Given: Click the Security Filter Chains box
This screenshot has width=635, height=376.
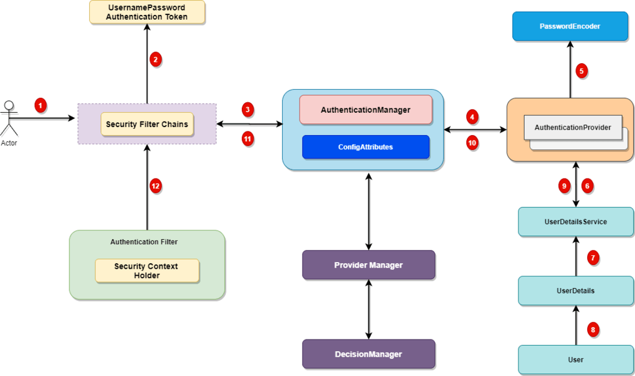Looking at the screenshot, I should pyautogui.click(x=147, y=125).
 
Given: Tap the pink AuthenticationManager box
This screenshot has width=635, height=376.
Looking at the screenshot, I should pyautogui.click(x=365, y=110).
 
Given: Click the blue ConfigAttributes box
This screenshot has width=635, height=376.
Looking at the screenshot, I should pyautogui.click(x=365, y=147).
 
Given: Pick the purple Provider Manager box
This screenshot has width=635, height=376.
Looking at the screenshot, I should pyautogui.click(x=368, y=265).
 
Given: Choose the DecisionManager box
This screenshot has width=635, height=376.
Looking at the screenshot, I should pyautogui.click(x=368, y=354).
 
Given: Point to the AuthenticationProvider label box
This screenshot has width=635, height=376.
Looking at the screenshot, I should pyautogui.click(x=572, y=128).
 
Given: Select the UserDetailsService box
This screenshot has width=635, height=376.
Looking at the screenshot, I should pyautogui.click(x=576, y=222).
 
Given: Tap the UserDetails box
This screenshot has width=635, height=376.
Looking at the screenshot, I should pyautogui.click(x=576, y=291).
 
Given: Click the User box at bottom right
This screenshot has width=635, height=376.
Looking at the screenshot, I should pyautogui.click(x=576, y=359).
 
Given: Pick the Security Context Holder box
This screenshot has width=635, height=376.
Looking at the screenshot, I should pyautogui.click(x=146, y=271).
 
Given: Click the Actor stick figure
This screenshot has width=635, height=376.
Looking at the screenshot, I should pyautogui.click(x=9, y=118).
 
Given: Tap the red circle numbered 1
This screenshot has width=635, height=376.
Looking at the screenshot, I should pyautogui.click(x=41, y=105).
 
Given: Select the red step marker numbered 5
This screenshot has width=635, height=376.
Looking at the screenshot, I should pyautogui.click(x=581, y=70).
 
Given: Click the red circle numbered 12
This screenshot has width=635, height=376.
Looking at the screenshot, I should pyautogui.click(x=156, y=185).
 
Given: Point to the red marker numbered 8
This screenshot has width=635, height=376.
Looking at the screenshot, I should pyautogui.click(x=593, y=330).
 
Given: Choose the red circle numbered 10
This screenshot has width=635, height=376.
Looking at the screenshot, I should pyautogui.click(x=472, y=142).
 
